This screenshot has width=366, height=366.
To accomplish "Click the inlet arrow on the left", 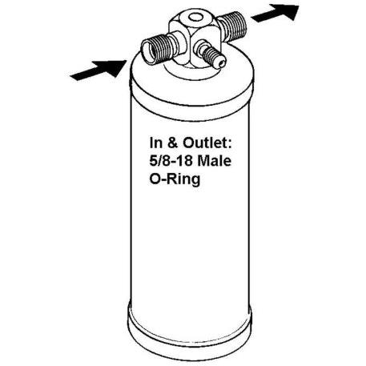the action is [99, 70].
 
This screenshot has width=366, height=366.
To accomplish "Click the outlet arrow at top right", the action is [275, 13].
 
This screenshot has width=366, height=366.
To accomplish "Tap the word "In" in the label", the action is [156, 143].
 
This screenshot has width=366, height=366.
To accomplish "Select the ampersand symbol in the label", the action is [173, 143].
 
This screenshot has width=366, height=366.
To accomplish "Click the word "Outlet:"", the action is [207, 143].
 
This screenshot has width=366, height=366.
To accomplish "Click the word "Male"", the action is [216, 161].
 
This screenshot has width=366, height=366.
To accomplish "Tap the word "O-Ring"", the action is [175, 179].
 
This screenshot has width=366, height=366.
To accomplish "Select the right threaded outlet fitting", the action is [231, 26].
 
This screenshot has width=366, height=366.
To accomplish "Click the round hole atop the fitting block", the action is [195, 18].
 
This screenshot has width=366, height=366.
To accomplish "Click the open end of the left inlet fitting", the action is [148, 52].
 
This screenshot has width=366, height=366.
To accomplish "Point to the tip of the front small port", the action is [222, 64].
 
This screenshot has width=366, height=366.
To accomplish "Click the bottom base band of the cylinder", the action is [190, 328].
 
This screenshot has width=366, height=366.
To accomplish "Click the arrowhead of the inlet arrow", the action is [114, 67].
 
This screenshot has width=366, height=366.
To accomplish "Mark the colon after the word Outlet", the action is [229, 144].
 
